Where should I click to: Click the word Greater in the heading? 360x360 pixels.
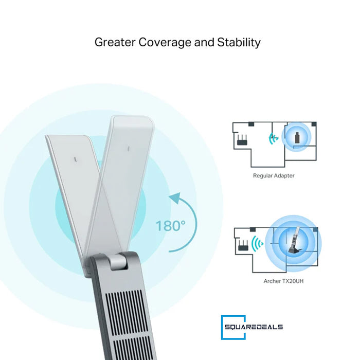click(x=115, y=43)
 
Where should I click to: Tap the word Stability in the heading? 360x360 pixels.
click(x=239, y=43)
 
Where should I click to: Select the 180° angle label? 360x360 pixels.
click(x=170, y=226)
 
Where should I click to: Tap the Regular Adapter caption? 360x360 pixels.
click(x=274, y=176)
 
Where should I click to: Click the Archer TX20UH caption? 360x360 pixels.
click(x=283, y=281)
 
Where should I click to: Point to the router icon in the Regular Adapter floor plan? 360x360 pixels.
click(x=242, y=139)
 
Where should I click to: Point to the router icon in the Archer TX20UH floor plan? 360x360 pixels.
click(x=243, y=245)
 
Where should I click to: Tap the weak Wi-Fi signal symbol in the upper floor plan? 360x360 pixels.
click(x=273, y=138)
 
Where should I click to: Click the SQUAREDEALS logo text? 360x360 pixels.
click(x=254, y=327)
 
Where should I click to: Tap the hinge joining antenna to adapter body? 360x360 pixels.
click(x=119, y=261)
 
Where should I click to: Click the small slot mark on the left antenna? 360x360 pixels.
click(x=75, y=159)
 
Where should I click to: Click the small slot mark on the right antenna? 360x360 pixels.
click(x=129, y=149)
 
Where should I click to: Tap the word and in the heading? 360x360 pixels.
click(x=204, y=43)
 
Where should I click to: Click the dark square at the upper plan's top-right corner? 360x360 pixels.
click(x=314, y=124)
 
